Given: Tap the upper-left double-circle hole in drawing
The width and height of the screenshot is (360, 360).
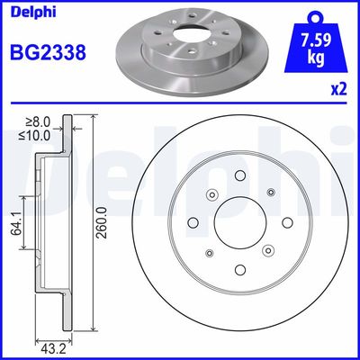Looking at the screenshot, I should [x=212, y=196].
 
